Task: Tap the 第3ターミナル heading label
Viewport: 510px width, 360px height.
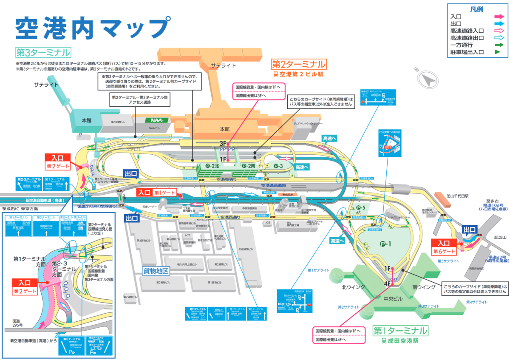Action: pos(43,52)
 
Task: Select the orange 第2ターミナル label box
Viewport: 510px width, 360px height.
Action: pos(299,64)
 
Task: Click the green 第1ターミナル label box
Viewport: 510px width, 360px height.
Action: pos(400,330)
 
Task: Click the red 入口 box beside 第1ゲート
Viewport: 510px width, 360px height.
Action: pos(144,193)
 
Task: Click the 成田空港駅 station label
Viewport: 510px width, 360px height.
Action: pos(401,341)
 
